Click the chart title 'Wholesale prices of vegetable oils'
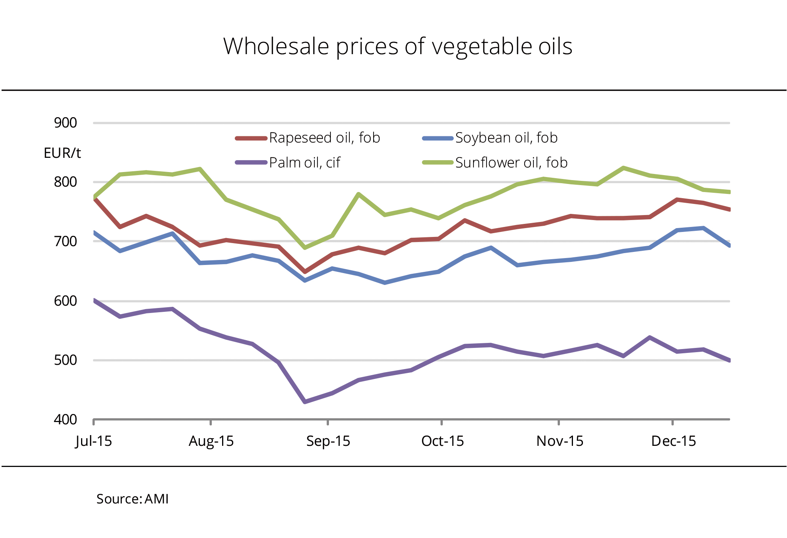click(398, 46)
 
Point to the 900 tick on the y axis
click(65, 123)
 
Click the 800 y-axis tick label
click(65, 182)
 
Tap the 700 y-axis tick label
click(65, 242)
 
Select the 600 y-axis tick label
click(65, 301)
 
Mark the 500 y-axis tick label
click(65, 360)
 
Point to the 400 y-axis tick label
click(65, 420)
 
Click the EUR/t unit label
click(62, 153)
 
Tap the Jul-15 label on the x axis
click(94, 441)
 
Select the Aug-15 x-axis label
click(211, 441)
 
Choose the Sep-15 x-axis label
click(328, 441)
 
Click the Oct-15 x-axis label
click(442, 441)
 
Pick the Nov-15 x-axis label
click(560, 441)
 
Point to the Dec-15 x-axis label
click(673, 441)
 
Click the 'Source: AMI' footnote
click(133, 499)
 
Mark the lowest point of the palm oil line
click(305, 402)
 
